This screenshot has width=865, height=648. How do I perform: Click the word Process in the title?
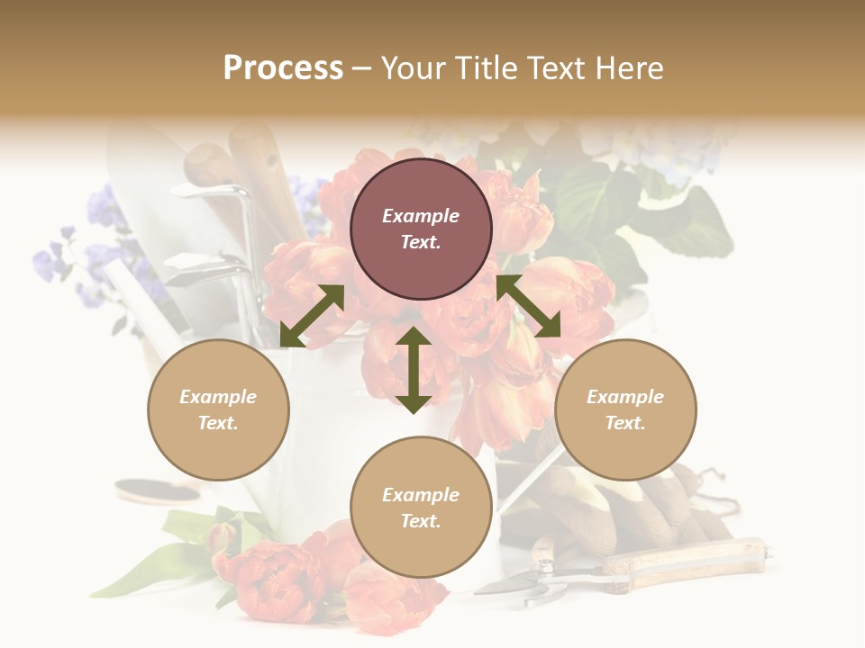283,68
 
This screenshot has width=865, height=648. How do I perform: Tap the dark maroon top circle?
421,229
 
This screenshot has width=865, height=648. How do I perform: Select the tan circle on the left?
218,409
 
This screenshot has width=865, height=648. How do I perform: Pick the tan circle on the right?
625,409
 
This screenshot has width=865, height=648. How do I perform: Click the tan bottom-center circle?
421,508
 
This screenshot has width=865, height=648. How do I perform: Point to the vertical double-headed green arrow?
414,370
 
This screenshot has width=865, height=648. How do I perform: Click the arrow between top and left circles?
312,316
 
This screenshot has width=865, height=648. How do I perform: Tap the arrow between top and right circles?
528,306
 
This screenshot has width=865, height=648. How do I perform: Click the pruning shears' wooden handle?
685,560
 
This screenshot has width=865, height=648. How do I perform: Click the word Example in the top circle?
421,216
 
